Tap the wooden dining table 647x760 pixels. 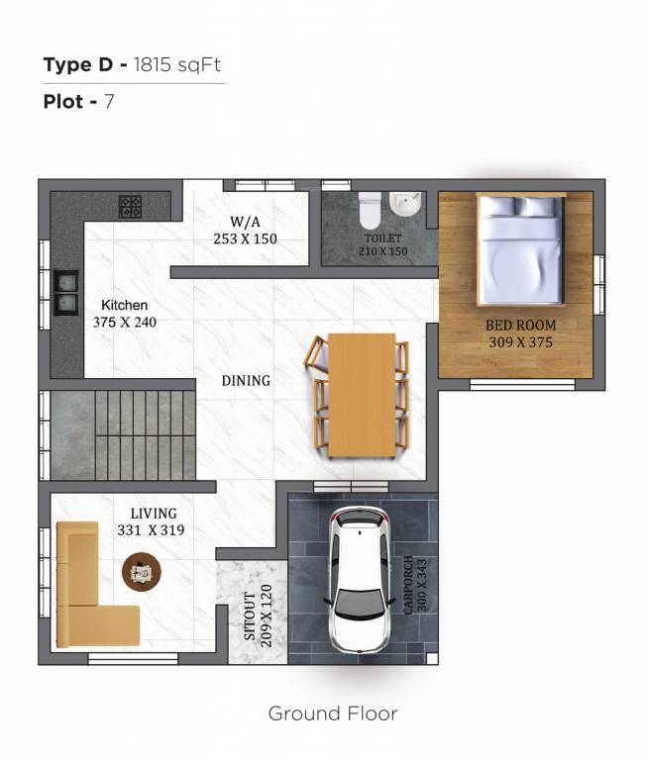pyautogui.click(x=362, y=395)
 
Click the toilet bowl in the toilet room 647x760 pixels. pyautogui.click(x=370, y=210)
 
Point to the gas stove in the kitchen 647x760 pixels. pyautogui.click(x=130, y=207)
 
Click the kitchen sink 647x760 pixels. pyautogui.click(x=66, y=289)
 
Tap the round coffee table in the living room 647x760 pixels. pyautogui.click(x=143, y=571)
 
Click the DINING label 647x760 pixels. pyautogui.click(x=246, y=380)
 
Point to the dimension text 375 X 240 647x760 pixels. pyautogui.click(x=125, y=322)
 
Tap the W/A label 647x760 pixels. pyautogui.click(x=245, y=222)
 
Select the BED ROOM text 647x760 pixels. pyautogui.click(x=520, y=326)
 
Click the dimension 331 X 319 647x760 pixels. pyautogui.click(x=151, y=529)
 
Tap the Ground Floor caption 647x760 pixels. pyautogui.click(x=333, y=713)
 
